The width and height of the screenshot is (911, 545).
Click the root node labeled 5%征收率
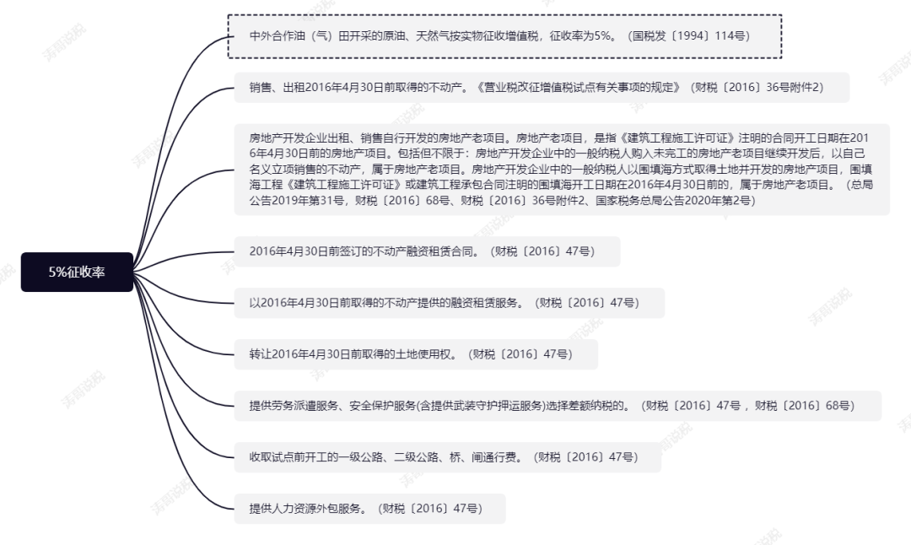coord(77,272)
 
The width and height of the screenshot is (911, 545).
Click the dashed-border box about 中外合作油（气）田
coord(504,36)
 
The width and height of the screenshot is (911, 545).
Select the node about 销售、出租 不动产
coord(540,87)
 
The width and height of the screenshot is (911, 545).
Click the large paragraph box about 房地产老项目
coord(561,169)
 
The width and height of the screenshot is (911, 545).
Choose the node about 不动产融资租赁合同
coord(426,251)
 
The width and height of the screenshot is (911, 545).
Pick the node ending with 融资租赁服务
coord(449,302)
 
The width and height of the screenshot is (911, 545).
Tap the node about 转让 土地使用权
coord(415,353)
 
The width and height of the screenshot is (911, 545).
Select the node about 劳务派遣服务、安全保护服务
coord(557,406)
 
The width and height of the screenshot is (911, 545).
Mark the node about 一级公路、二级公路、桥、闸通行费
coord(447,457)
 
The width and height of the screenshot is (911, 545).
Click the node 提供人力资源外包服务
coord(369,508)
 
